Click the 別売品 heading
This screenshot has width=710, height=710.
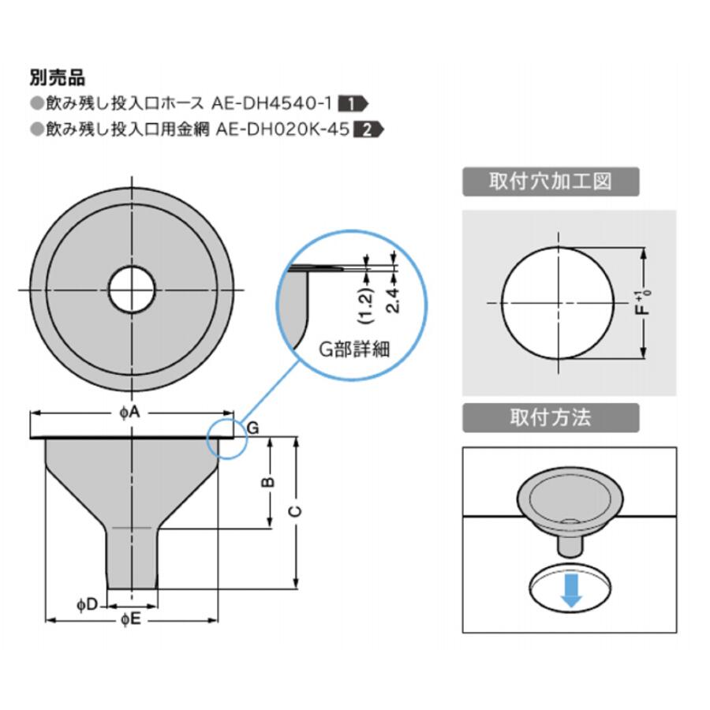pos(58,78)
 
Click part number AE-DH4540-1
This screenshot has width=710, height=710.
pos(272,103)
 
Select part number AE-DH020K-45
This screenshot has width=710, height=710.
pos(282,129)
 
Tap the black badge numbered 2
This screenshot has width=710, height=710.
pos(368,130)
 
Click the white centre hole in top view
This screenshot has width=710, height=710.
pos(132,290)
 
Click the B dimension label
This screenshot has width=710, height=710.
pos(268,482)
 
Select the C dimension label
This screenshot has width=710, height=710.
pos(295,512)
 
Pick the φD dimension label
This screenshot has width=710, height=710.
pos(87,604)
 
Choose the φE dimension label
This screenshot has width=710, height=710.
pos(131,620)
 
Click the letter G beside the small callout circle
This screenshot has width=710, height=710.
pos(253,428)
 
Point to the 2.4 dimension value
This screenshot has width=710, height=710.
pos(393,300)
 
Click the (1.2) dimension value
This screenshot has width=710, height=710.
pos(366,305)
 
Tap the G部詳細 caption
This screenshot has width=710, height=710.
pos(354,349)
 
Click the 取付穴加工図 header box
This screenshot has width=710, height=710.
pos(551,181)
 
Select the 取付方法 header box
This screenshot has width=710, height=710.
pos(551,417)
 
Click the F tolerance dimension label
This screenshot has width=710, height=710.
pos(643,303)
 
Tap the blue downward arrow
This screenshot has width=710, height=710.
pos(571,590)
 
